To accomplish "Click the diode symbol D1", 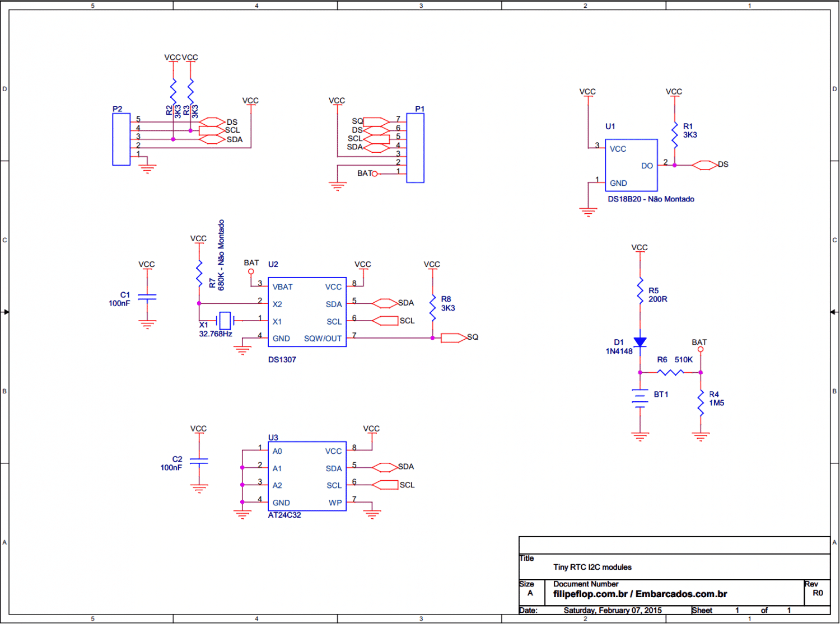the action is [x=640, y=342].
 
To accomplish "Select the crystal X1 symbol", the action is [x=225, y=321].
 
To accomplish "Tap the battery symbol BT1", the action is [x=640, y=398].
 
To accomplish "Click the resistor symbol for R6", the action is [x=670, y=372].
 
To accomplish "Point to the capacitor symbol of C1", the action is [x=147, y=297].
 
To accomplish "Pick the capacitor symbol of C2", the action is [x=199, y=461].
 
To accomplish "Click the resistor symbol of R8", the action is [x=432, y=308].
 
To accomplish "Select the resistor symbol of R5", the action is [x=640, y=290].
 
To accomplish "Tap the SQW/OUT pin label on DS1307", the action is [x=323, y=339].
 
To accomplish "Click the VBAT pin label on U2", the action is [x=283, y=287].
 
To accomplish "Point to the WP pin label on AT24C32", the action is [x=335, y=503].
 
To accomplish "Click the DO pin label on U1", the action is [x=647, y=166].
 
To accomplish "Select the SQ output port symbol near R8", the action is [x=454, y=338].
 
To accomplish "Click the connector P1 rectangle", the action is [x=415, y=148].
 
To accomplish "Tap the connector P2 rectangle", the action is [x=121, y=139].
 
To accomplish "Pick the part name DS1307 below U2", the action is [x=282, y=359].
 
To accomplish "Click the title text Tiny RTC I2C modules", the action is [x=592, y=567].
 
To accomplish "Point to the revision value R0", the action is [x=817, y=593].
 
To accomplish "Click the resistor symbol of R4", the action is [x=701, y=403].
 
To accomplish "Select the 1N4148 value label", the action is [x=619, y=351].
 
